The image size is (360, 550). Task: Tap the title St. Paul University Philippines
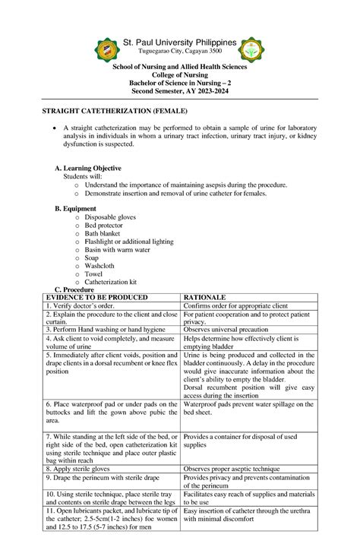(x=179, y=42)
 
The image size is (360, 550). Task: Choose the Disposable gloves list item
(x=110, y=217)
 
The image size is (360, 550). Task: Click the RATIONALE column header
(x=205, y=298)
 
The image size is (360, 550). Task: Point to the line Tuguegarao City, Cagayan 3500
(x=180, y=52)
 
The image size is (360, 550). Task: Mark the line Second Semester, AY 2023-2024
(x=179, y=91)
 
